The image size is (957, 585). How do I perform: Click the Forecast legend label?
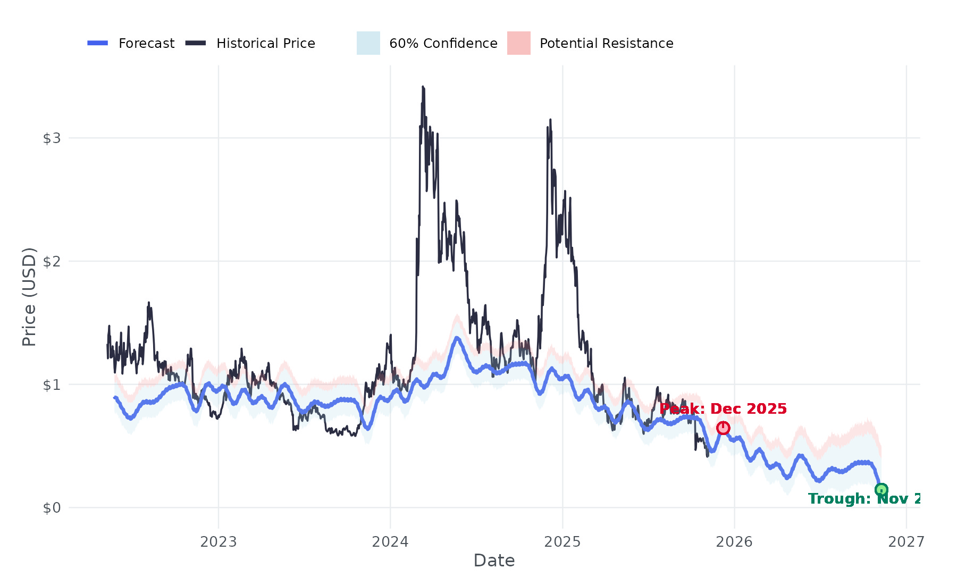pyautogui.click(x=146, y=43)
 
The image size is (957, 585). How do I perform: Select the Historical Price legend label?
pyautogui.click(x=265, y=43)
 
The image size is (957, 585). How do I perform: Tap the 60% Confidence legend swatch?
pyautogui.click(x=368, y=43)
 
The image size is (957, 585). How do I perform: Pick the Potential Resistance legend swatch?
pyautogui.click(x=518, y=43)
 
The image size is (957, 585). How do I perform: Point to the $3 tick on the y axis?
pyautogui.click(x=52, y=138)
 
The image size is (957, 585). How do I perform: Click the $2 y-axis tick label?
pyautogui.click(x=52, y=261)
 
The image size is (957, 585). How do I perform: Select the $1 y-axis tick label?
pyautogui.click(x=52, y=385)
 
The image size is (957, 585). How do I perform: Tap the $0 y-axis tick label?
pyautogui.click(x=52, y=508)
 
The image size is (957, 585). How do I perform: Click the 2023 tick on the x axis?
pyautogui.click(x=218, y=542)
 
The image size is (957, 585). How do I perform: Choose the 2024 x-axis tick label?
pyautogui.click(x=390, y=542)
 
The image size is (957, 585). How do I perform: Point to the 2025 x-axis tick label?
pyautogui.click(x=562, y=542)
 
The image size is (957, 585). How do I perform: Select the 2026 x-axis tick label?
pyautogui.click(x=734, y=542)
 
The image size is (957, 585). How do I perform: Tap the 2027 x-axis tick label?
pyautogui.click(x=906, y=542)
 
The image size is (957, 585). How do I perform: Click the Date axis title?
pyautogui.click(x=494, y=561)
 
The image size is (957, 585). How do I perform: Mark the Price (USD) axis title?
pyautogui.click(x=29, y=297)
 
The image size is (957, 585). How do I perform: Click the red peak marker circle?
pyautogui.click(x=723, y=428)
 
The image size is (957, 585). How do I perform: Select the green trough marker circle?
pyautogui.click(x=881, y=490)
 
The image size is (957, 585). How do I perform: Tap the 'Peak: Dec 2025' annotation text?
pyautogui.click(x=723, y=408)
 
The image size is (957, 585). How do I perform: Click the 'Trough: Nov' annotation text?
pyautogui.click(x=864, y=499)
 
